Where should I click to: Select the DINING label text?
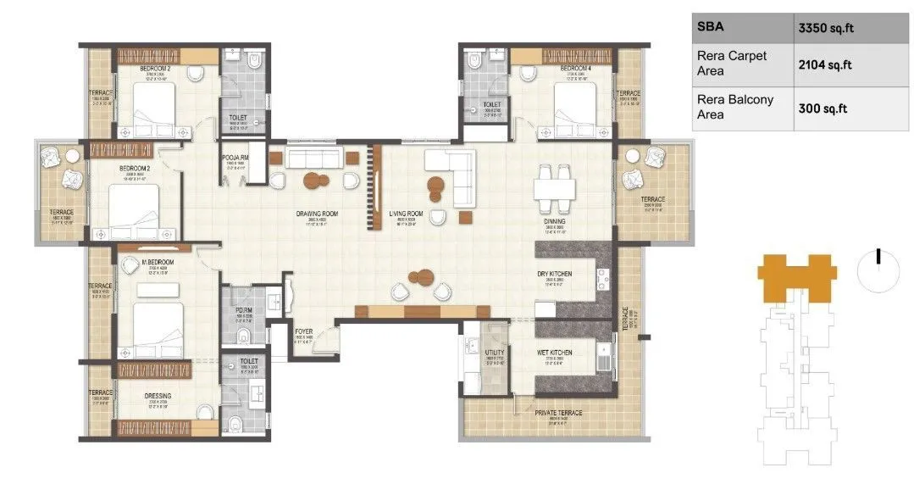(x=555, y=222)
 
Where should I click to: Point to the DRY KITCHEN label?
(x=555, y=274)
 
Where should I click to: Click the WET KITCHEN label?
(x=554, y=353)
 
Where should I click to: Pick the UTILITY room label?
(x=496, y=353)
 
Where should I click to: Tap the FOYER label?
(x=304, y=331)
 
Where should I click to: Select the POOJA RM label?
(x=234, y=159)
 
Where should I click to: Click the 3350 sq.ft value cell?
(x=826, y=28)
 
